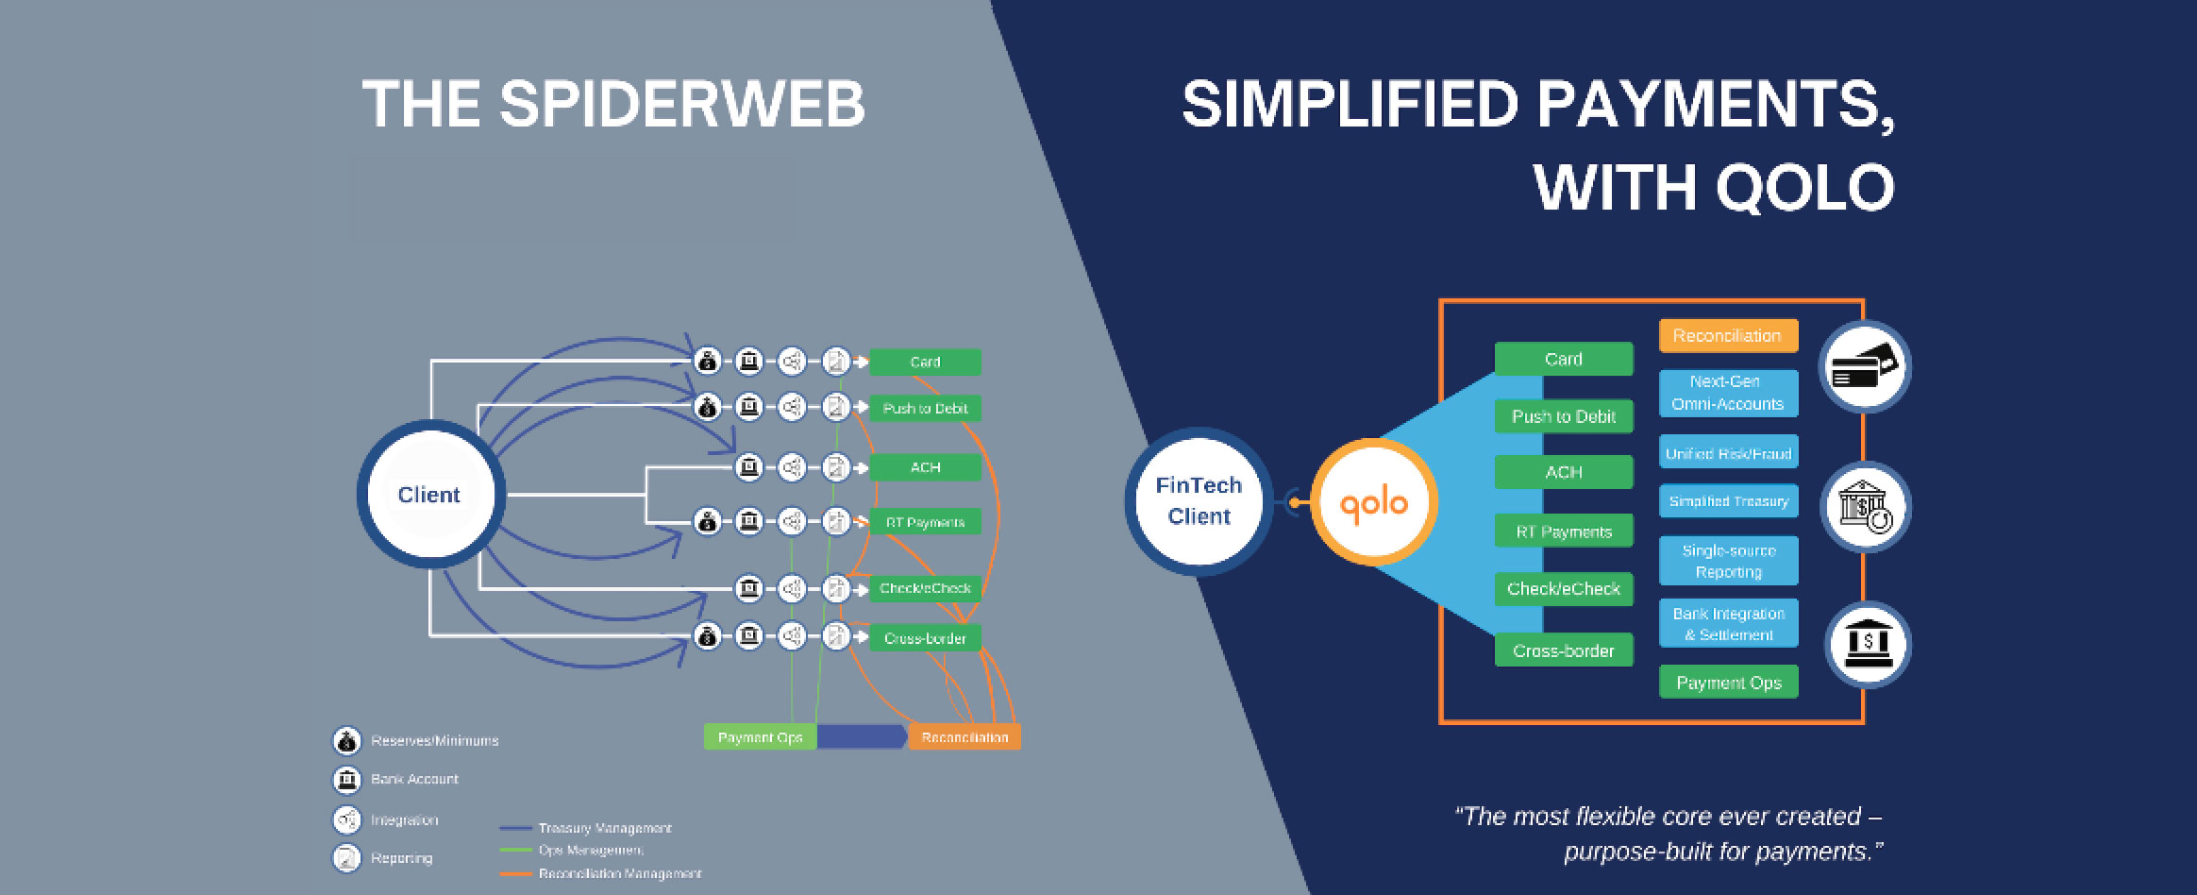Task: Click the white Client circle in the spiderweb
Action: click(x=430, y=495)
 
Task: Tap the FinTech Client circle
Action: click(x=1199, y=501)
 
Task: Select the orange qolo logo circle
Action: click(x=1374, y=502)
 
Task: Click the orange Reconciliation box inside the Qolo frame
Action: click(x=1728, y=336)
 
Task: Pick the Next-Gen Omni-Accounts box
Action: click(x=1728, y=393)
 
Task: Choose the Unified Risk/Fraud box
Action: click(x=1728, y=453)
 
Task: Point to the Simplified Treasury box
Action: click(x=1728, y=501)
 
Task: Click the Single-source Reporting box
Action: click(x=1728, y=561)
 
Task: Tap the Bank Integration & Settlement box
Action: click(x=1728, y=624)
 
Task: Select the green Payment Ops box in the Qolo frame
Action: click(x=1728, y=683)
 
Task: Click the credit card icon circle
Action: click(x=1865, y=367)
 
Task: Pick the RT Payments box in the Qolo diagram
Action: click(x=1563, y=532)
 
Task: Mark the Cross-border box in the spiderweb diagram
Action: click(x=925, y=638)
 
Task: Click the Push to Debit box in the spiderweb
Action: click(x=925, y=409)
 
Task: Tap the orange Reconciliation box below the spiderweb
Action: click(x=964, y=737)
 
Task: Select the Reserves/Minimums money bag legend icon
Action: click(x=347, y=741)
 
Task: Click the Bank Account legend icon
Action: click(x=347, y=780)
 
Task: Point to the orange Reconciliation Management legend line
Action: click(x=516, y=874)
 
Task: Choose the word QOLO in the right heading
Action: click(x=1803, y=187)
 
